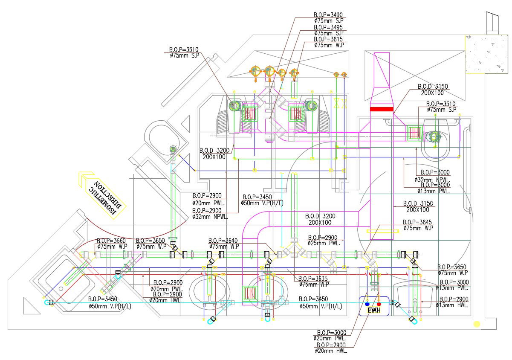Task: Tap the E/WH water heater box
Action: pyautogui.click(x=374, y=306)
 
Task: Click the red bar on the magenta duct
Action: pyautogui.click(x=381, y=109)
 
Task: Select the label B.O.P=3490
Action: pyautogui.click(x=328, y=15)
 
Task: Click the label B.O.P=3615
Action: pyautogui.click(x=328, y=39)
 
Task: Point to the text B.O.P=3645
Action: pyautogui.click(x=418, y=222)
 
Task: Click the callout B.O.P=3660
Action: pyautogui.click(x=111, y=241)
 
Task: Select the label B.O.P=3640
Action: pyautogui.click(x=223, y=241)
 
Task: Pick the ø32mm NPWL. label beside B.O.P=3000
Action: pyautogui.click(x=431, y=180)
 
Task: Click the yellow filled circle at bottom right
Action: pyautogui.click(x=477, y=324)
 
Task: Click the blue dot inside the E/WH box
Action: pyautogui.click(x=367, y=304)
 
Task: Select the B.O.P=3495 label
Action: pyautogui.click(x=328, y=27)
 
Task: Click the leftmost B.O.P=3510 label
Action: pyautogui.click(x=183, y=49)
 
